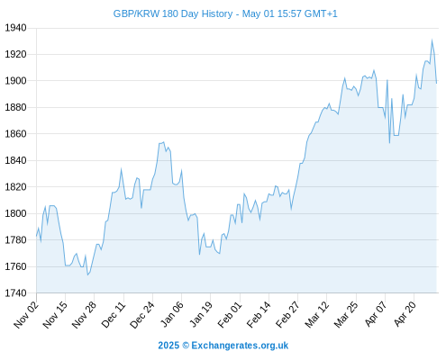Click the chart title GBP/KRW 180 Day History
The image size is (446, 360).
coord(173,13)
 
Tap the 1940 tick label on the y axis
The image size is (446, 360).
coord(15,28)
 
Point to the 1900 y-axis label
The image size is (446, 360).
coord(15,81)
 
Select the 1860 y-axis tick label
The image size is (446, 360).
coord(15,134)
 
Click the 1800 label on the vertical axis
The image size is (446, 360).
coord(15,213)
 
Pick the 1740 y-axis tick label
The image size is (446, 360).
coord(15,292)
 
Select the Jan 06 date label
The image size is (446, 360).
coord(172,314)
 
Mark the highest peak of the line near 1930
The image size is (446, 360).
coord(432,40)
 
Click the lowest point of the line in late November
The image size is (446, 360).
coord(87,274)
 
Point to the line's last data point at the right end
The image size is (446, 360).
coord(437,83)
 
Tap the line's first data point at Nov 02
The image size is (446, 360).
coord(37,236)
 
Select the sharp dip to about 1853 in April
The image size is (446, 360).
coord(389,143)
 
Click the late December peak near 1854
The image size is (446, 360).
coord(163,142)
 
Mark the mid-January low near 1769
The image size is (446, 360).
coord(199,255)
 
